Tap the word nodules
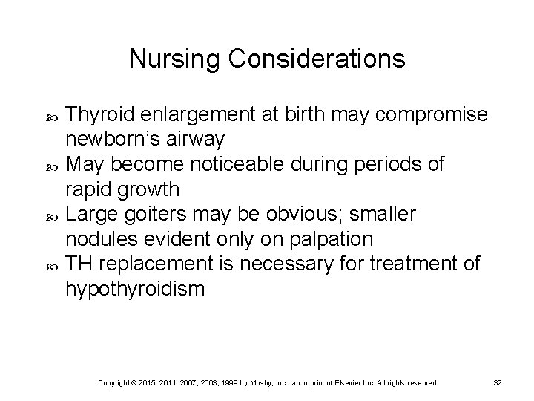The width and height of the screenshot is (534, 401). pyautogui.click(x=95, y=239)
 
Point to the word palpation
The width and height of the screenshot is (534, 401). pyautogui.click(x=332, y=239)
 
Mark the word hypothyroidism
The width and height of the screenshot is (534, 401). pyautogui.click(x=134, y=289)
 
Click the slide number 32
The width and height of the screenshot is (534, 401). pyautogui.click(x=498, y=382)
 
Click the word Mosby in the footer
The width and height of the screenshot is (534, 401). pyautogui.click(x=264, y=382)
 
